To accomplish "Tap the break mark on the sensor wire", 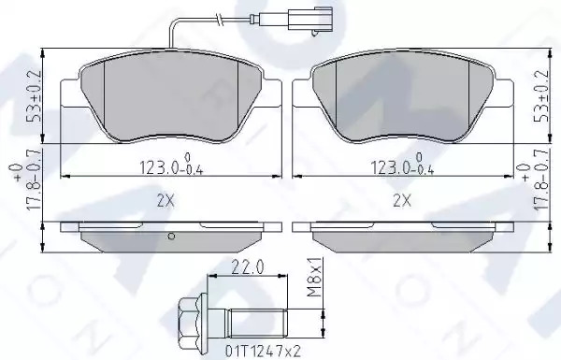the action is (x=220, y=19).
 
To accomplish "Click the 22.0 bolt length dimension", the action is (x=248, y=267).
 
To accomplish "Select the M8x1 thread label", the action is (x=314, y=277).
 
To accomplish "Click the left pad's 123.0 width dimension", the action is (x=171, y=166).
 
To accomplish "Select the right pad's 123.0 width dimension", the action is (x=402, y=166).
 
